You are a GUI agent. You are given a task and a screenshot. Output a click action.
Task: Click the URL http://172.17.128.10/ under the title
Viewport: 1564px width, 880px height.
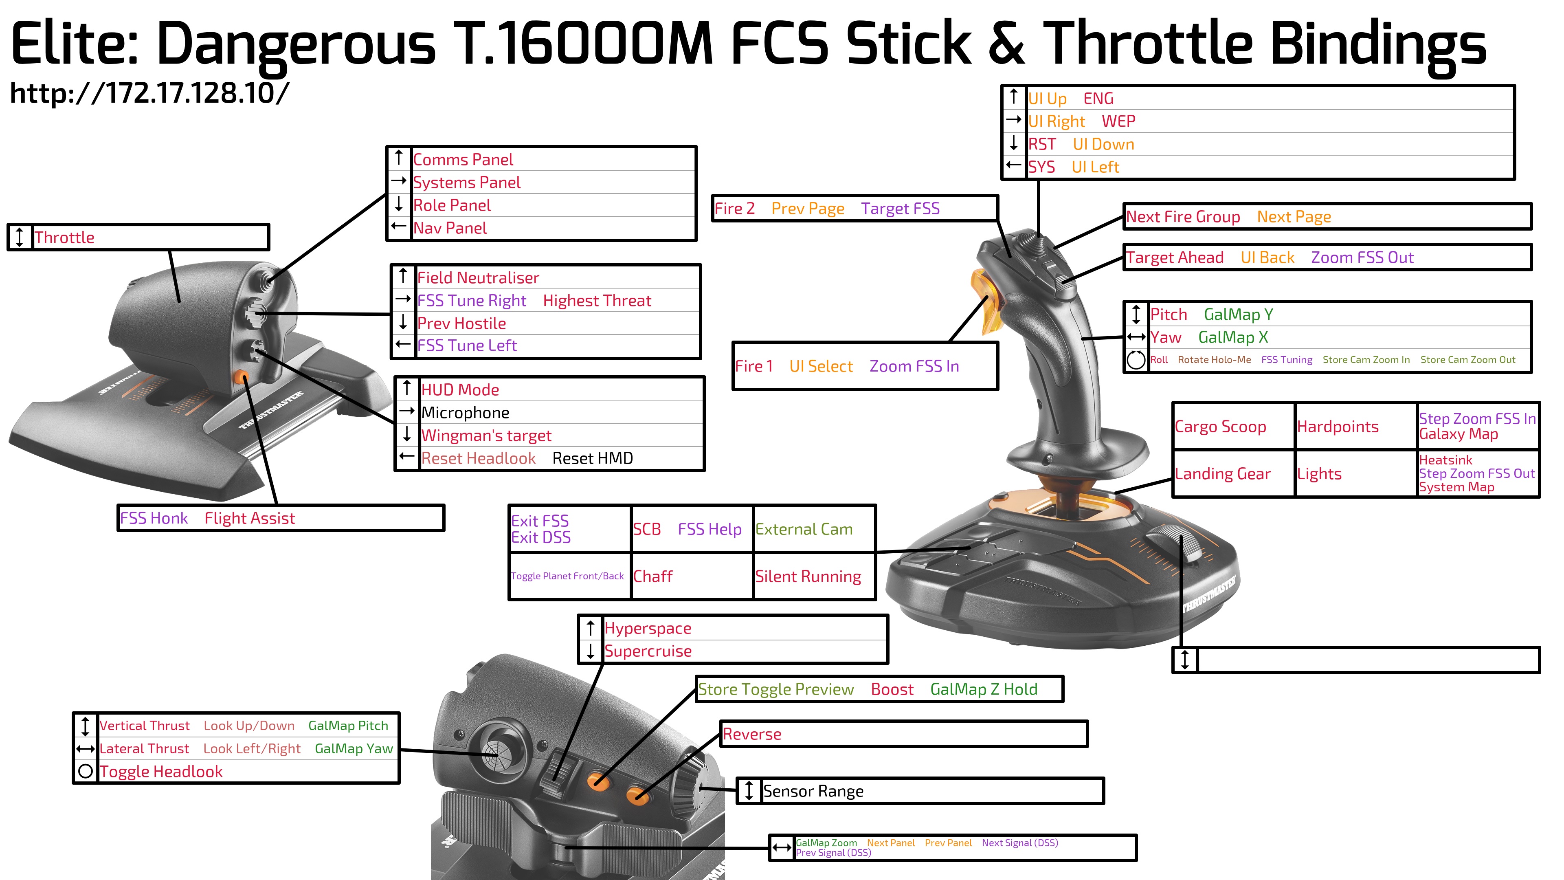149,93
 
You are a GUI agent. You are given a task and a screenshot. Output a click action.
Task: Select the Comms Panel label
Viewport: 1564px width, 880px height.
463,160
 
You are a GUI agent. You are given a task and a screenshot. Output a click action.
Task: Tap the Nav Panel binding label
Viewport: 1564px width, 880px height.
450,228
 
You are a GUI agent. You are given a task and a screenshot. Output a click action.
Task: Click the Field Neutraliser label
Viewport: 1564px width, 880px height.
478,278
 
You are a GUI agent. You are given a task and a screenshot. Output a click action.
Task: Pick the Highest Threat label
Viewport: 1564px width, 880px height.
597,301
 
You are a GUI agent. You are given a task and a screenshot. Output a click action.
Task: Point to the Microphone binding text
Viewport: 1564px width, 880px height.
465,413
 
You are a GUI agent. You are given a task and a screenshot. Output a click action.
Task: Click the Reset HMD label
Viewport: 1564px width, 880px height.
593,458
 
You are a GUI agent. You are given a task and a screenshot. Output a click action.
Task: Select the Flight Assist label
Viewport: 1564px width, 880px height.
250,518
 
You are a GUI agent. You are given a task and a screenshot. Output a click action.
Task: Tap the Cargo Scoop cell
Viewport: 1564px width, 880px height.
1233,426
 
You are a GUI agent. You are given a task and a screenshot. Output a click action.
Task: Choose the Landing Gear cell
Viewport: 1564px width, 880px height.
1233,474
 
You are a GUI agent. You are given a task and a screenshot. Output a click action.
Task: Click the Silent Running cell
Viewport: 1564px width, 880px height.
814,576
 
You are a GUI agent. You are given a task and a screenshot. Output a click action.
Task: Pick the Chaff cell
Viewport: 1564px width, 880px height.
692,576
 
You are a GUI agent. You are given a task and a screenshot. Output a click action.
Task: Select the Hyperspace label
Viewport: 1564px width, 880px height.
648,629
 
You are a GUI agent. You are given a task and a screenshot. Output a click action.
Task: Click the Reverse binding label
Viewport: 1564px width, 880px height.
751,734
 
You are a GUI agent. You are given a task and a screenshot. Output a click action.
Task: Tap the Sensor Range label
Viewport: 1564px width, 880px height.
813,791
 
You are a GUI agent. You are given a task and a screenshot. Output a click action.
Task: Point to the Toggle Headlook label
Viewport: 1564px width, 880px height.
161,772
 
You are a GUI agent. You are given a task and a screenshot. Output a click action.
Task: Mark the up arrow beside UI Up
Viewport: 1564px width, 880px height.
1013,97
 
